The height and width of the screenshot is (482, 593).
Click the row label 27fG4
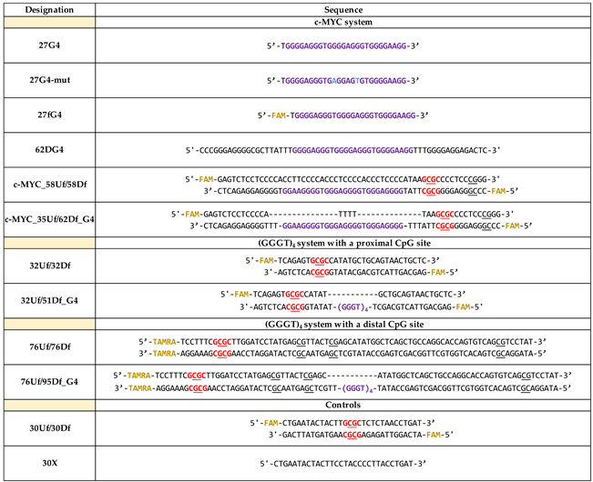tap(48, 116)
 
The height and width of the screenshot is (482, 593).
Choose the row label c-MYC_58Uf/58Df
tap(48, 186)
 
